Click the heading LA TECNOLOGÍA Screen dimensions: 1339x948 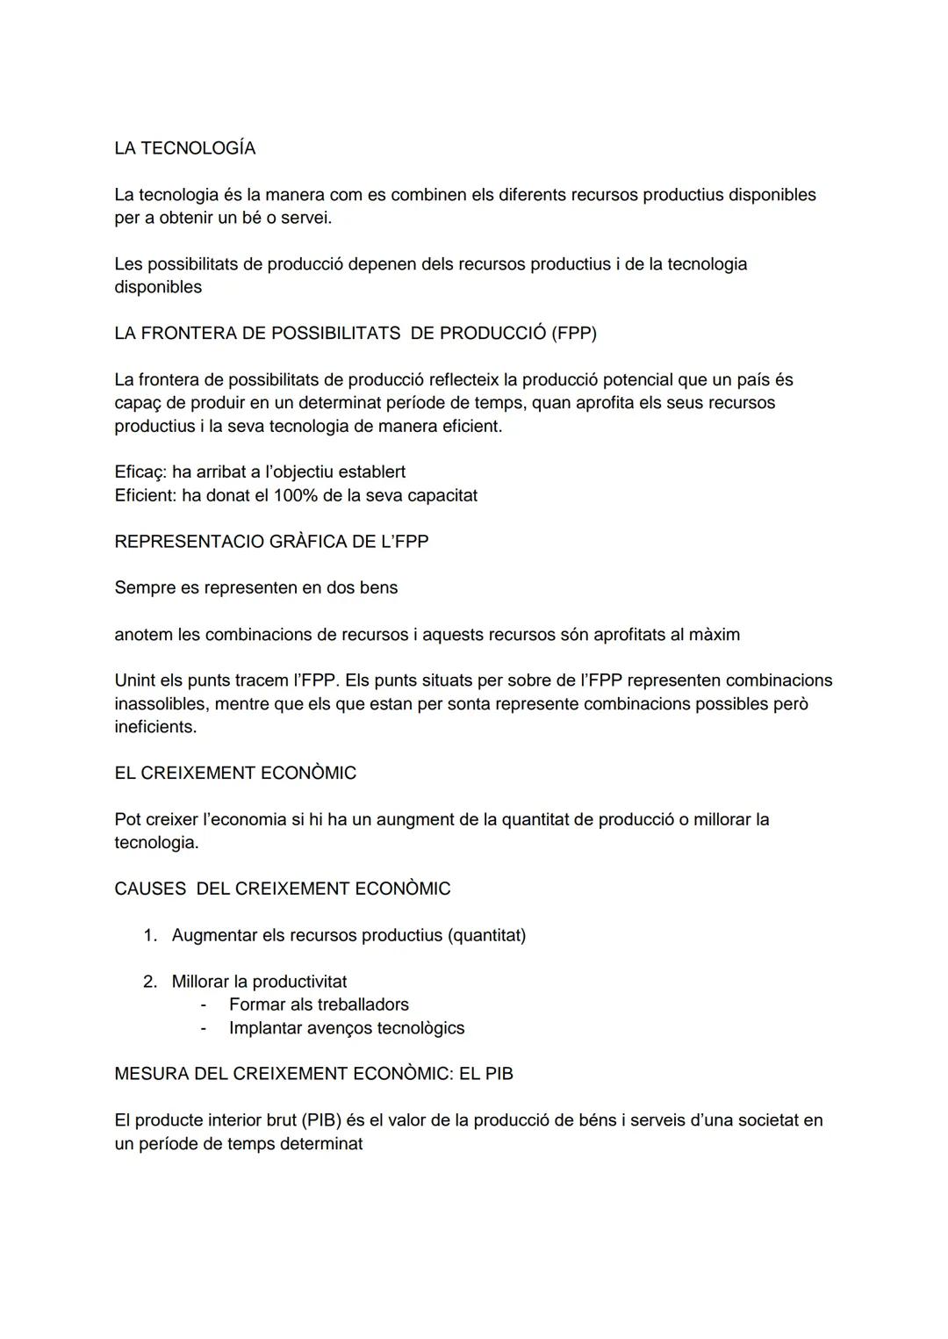point(184,148)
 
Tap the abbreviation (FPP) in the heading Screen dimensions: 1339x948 point(573,334)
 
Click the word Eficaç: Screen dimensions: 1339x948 point(140,472)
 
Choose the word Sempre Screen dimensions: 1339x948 point(145,588)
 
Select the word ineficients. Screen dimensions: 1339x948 point(155,727)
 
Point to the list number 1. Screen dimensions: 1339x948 point(149,936)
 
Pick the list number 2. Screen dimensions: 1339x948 point(149,982)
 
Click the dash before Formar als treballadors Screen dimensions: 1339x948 point(204,1004)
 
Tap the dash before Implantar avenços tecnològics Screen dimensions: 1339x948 point(204,1028)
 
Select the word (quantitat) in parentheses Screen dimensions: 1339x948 point(486,936)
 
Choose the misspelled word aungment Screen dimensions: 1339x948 point(395,820)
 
